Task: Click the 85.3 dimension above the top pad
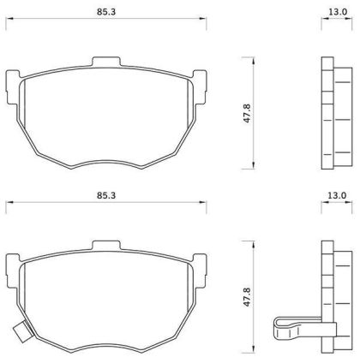pos(106,12)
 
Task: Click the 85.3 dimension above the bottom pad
pos(106,196)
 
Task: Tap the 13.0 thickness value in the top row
pos(338,12)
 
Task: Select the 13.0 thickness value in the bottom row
pos(337,195)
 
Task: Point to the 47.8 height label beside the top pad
pos(247,113)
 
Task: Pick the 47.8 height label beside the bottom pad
pos(247,297)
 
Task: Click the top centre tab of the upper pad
pos(106,62)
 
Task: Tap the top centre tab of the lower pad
pos(106,246)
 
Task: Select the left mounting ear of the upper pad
pos(12,87)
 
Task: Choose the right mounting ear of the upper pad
pos(200,87)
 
